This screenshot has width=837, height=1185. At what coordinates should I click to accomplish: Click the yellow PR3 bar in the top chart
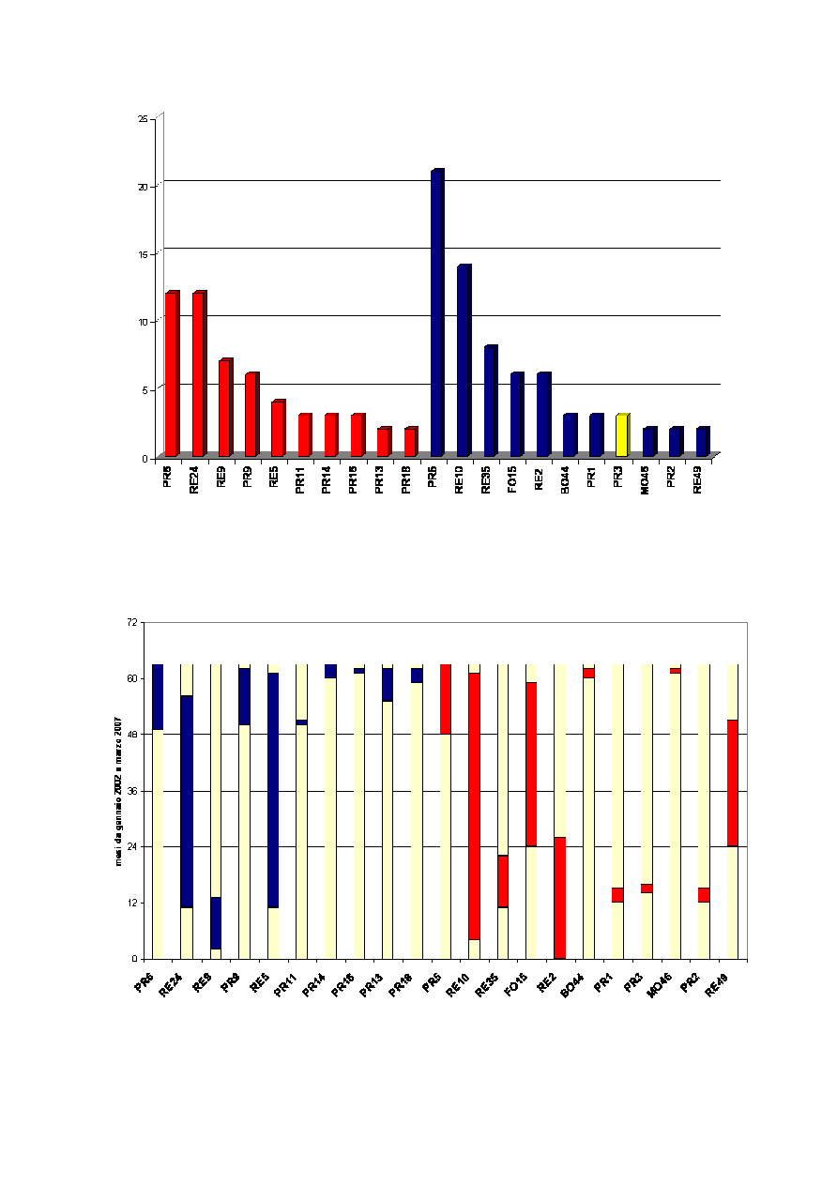tap(621, 435)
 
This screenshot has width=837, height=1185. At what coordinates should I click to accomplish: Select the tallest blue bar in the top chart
tap(436, 314)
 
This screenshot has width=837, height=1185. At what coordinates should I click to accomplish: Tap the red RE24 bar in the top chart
tap(197, 374)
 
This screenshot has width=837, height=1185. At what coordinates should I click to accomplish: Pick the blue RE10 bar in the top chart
tap(464, 361)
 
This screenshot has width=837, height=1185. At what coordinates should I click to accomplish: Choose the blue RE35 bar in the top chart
tap(490, 402)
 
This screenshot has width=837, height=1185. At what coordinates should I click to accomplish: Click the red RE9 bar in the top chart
tap(223, 408)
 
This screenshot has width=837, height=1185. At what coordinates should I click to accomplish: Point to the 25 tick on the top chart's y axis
tap(143, 119)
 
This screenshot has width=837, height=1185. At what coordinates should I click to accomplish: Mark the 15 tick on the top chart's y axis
tap(143, 254)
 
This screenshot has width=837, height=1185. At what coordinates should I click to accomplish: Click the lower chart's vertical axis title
tap(119, 790)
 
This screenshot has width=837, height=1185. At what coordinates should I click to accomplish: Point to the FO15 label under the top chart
tap(514, 477)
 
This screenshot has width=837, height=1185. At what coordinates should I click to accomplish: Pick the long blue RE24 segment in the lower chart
tap(187, 801)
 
